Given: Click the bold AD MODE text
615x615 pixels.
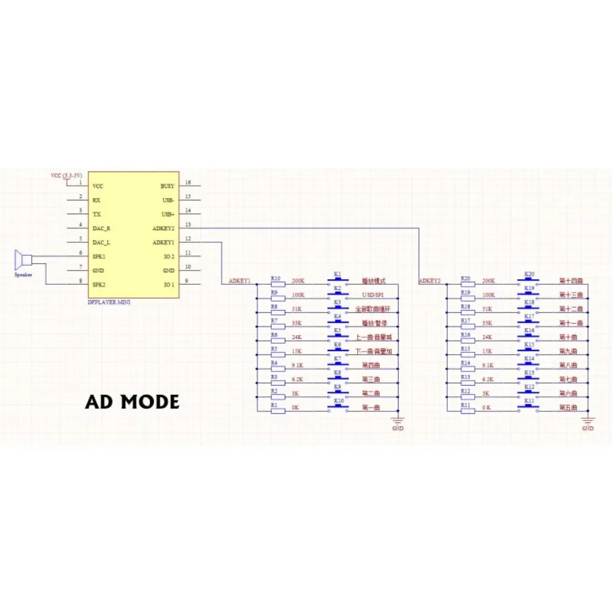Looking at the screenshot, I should pyautogui.click(x=132, y=402).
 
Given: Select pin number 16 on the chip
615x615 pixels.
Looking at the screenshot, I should pyautogui.click(x=188, y=183).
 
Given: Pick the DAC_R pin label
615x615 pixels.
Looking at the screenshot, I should pyautogui.click(x=101, y=228).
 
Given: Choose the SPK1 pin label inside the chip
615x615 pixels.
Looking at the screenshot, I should pyautogui.click(x=98, y=256).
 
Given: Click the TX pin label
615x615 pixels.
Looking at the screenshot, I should pyautogui.click(x=97, y=214).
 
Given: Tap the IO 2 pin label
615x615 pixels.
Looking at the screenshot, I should pyautogui.click(x=169, y=256).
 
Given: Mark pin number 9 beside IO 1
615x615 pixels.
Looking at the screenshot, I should pyautogui.click(x=188, y=282).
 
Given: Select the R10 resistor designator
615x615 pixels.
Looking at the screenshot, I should pyautogui.click(x=276, y=278).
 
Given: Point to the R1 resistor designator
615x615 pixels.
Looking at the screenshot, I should pyautogui.click(x=274, y=405).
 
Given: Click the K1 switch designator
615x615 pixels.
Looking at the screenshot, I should pyautogui.click(x=336, y=274).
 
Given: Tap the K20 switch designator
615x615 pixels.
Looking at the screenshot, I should pyautogui.click(x=529, y=274).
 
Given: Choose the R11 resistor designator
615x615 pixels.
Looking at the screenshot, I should pyautogui.click(x=466, y=405).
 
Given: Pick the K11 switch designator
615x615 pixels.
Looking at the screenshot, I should pyautogui.click(x=529, y=401).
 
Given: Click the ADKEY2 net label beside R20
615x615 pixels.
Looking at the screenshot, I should pyautogui.click(x=429, y=281).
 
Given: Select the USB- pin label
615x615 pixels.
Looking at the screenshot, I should pyautogui.click(x=167, y=200).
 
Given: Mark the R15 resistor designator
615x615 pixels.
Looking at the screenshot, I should pyautogui.click(x=466, y=349).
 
